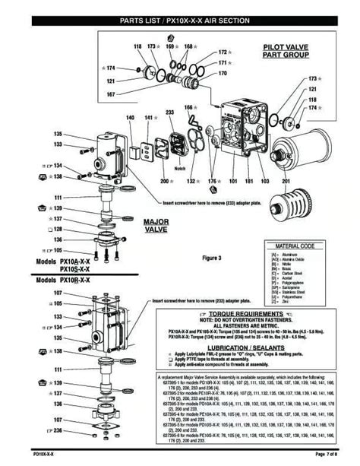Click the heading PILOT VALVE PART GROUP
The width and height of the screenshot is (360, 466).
[281, 51]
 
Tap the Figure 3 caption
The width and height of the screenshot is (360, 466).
[211, 258]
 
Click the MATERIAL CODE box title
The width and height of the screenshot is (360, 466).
[295, 246]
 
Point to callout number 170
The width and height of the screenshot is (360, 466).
[222, 74]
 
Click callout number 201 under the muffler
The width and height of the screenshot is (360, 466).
[286, 182]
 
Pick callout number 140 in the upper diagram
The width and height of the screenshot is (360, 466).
[131, 118]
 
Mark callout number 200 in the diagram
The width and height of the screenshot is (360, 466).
[163, 182]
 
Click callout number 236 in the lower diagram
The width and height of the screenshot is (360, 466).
[79, 430]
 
